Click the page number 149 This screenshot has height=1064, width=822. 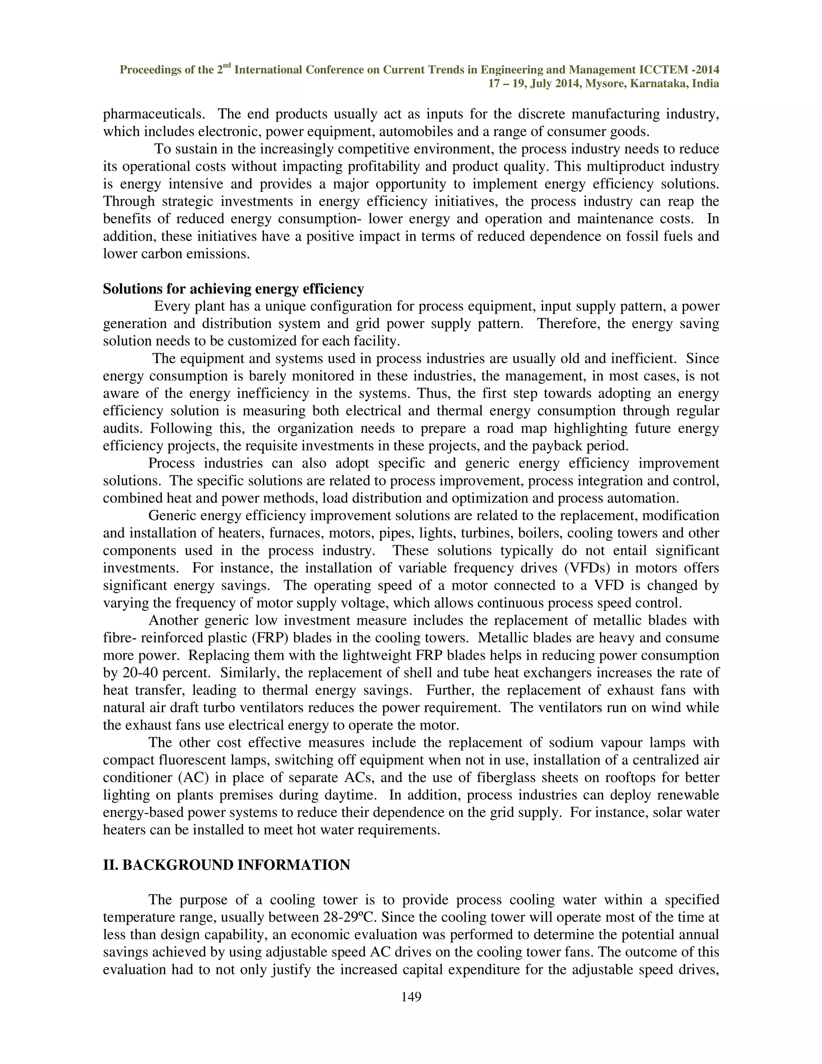411,997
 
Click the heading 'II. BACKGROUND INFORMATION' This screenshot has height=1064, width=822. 226,865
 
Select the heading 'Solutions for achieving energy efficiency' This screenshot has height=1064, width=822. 233,289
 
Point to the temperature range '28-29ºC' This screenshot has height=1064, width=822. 350,917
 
